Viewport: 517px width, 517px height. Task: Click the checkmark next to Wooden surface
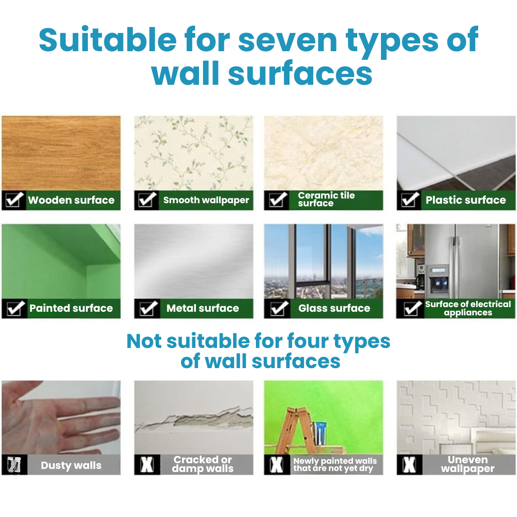pyautogui.click(x=14, y=200)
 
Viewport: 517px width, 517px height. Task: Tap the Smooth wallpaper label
pyautogui.click(x=206, y=200)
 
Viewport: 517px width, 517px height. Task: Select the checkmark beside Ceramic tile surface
pyautogui.click(x=279, y=200)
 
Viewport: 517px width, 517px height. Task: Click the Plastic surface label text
pyautogui.click(x=465, y=200)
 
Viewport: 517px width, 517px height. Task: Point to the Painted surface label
pyautogui.click(x=71, y=308)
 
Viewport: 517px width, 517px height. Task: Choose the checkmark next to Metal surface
pyautogui.click(x=146, y=309)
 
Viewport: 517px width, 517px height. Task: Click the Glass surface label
pyautogui.click(x=334, y=309)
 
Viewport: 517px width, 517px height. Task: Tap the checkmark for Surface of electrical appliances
pyautogui.click(x=412, y=309)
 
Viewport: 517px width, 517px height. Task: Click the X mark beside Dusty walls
pyautogui.click(x=13, y=465)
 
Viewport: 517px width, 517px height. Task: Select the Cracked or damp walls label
pyautogui.click(x=203, y=464)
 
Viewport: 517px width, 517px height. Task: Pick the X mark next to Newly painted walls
pyautogui.click(x=277, y=465)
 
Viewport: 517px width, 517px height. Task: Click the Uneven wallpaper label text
pyautogui.click(x=468, y=464)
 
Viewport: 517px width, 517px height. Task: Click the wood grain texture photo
pyautogui.click(x=61, y=153)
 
